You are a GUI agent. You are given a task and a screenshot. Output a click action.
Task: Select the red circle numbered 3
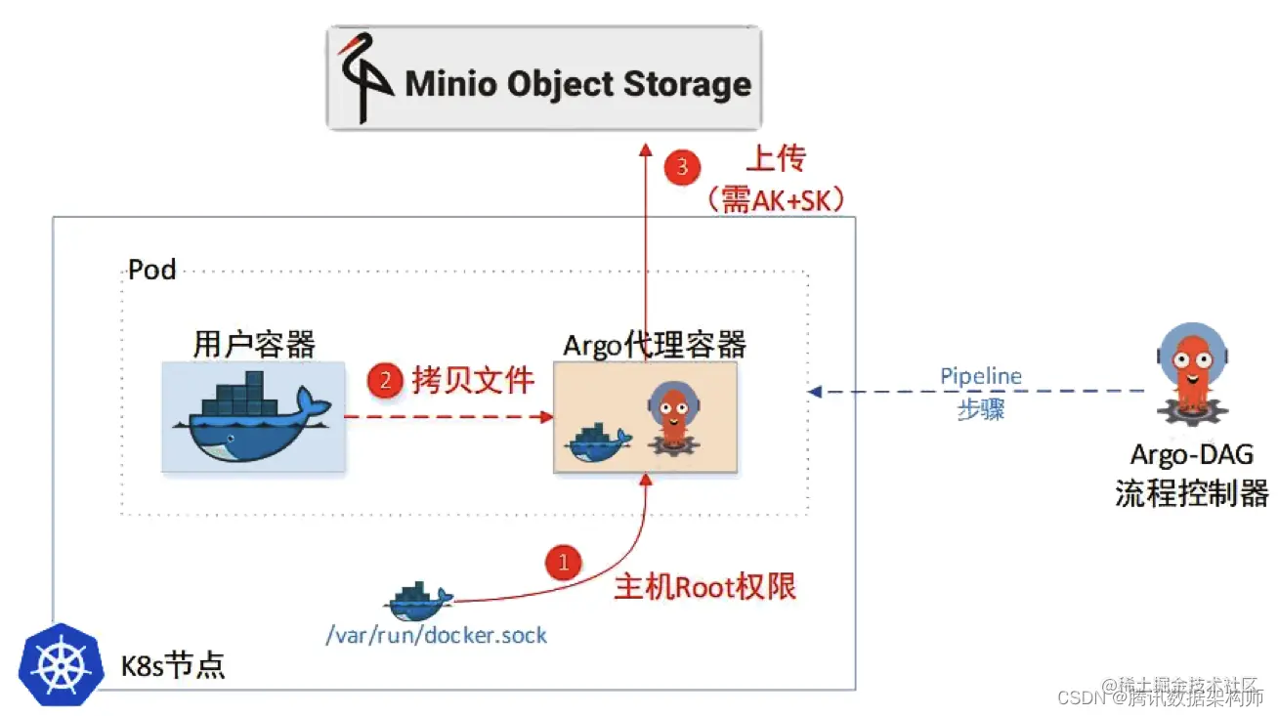(x=682, y=165)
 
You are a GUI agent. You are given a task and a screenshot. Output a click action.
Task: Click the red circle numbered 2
(x=385, y=381)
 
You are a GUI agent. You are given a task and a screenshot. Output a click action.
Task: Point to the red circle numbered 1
(x=563, y=563)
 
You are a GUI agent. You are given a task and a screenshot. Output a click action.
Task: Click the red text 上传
(x=776, y=159)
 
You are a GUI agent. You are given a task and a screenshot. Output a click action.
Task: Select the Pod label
(x=151, y=270)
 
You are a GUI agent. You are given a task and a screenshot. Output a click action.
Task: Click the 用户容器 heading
(x=254, y=344)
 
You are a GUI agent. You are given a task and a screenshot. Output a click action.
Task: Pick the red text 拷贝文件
(x=473, y=380)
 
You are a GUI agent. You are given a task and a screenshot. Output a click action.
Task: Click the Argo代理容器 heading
(x=654, y=344)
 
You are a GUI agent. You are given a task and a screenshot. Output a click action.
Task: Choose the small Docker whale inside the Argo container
(x=597, y=442)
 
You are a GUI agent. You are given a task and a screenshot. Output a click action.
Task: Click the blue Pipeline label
(x=980, y=376)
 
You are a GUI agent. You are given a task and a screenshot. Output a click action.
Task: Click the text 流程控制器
(x=1191, y=492)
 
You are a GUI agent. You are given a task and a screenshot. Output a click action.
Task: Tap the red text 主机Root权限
(x=704, y=586)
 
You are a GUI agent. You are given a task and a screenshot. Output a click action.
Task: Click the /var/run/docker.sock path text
(x=436, y=636)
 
